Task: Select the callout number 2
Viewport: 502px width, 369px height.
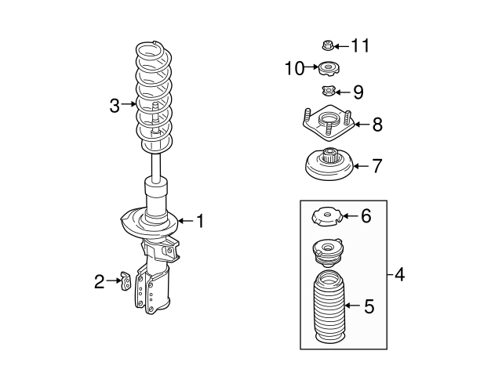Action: click(x=100, y=281)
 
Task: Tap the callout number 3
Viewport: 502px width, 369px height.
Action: click(x=115, y=104)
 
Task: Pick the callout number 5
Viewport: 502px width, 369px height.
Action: click(x=369, y=306)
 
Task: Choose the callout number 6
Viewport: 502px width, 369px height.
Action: click(x=366, y=216)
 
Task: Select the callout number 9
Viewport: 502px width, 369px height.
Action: click(x=358, y=92)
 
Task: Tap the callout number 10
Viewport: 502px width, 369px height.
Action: click(x=293, y=69)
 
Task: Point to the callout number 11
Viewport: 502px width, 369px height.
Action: click(x=359, y=45)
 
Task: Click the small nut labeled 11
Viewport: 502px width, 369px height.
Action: click(x=329, y=45)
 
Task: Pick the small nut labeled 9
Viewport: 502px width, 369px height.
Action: click(x=329, y=92)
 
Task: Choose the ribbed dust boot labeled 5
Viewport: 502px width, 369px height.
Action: click(x=329, y=311)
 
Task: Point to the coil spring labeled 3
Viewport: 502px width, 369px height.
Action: click(x=155, y=98)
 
